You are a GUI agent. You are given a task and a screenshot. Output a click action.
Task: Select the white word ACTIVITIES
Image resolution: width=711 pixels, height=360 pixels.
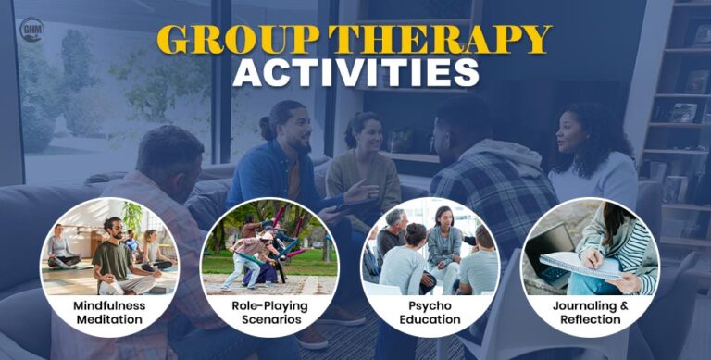356,72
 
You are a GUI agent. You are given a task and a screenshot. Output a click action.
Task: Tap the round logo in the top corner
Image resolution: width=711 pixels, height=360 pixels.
31,30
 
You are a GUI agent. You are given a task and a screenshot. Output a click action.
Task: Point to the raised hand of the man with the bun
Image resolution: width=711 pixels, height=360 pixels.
356,191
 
